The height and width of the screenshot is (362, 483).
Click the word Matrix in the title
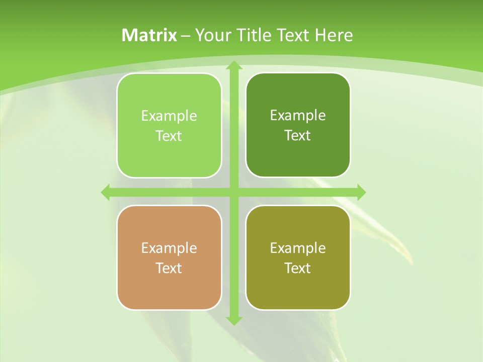[x=149, y=35]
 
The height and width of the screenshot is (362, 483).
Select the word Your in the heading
[x=212, y=35]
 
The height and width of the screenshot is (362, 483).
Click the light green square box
[x=169, y=125]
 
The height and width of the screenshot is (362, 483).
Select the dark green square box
[x=298, y=125]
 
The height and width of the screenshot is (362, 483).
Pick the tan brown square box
[x=169, y=257]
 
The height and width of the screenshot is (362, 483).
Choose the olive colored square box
[x=298, y=257]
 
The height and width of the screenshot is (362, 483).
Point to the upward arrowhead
[x=233, y=65]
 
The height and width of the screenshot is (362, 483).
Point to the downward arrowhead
[x=233, y=320]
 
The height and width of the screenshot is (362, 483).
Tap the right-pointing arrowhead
[x=361, y=192]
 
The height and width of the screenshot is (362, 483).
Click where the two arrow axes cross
[x=233, y=192]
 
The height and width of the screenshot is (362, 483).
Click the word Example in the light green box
[x=169, y=116]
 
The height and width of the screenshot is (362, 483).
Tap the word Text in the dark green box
[x=298, y=136]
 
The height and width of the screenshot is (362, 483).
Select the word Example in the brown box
[x=169, y=248]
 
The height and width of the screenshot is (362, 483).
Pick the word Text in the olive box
[x=298, y=268]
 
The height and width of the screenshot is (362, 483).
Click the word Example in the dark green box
[x=298, y=116]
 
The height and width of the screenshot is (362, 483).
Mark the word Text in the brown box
[x=169, y=268]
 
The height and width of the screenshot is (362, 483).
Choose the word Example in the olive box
[x=298, y=248]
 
